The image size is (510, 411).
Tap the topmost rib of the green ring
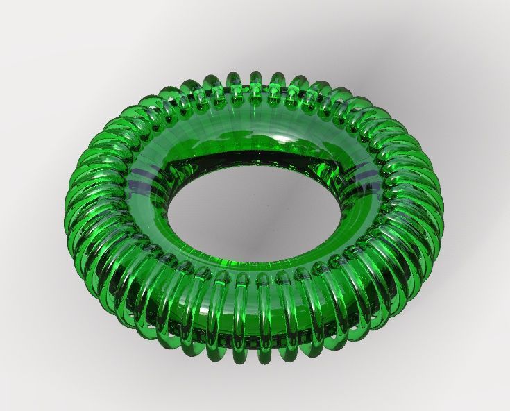click(255, 78)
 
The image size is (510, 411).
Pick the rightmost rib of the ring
click(437, 201)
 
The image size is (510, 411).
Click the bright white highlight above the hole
click(284, 139)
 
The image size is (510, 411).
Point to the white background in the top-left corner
click(21, 21)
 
